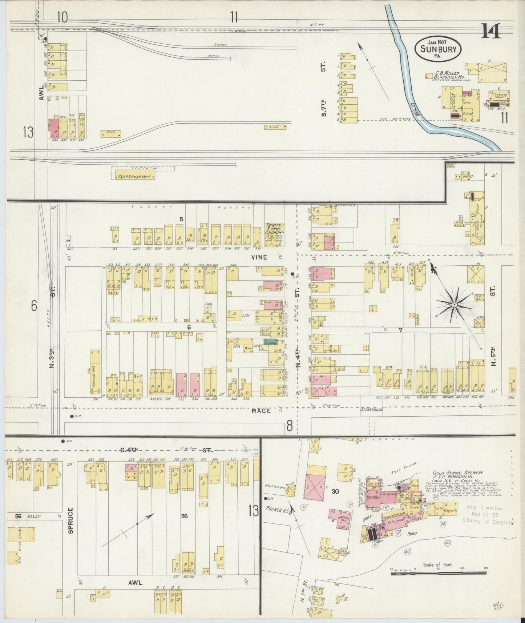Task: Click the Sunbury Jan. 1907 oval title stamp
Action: (x=438, y=48)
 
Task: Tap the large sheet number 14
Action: (x=491, y=31)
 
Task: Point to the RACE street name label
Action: (x=261, y=410)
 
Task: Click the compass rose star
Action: (x=454, y=303)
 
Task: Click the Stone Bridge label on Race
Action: (x=371, y=409)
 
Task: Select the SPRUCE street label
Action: (x=70, y=520)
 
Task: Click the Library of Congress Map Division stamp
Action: (x=487, y=515)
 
